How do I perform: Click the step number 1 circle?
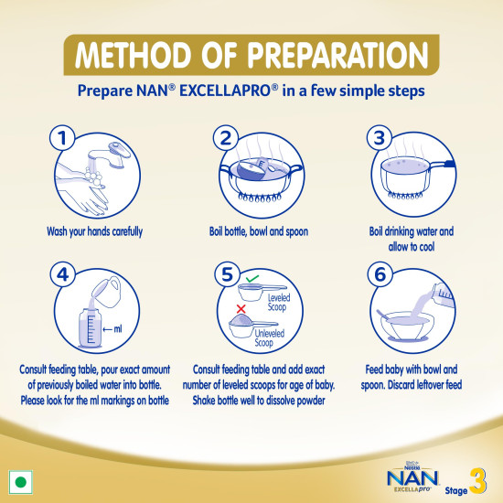59,139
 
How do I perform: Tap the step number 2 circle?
223,139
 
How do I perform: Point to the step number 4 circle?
59,275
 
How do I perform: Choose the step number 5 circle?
223,275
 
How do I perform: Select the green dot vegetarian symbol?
20,481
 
